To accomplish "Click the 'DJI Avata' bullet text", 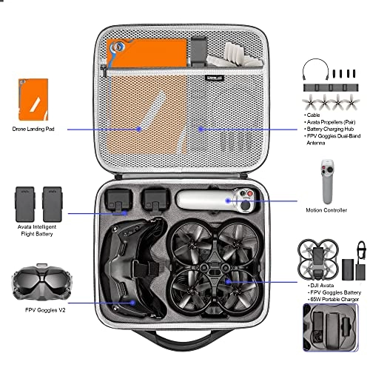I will click(320, 283).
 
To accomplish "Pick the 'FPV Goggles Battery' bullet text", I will click(331, 292).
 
